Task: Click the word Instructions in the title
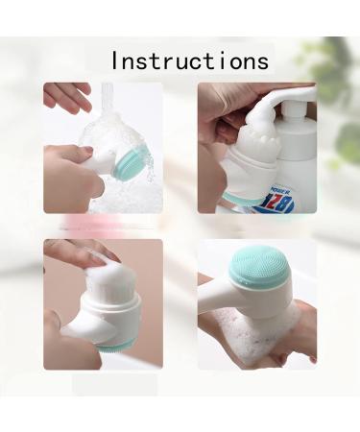click(x=190, y=60)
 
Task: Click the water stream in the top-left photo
click(x=106, y=100)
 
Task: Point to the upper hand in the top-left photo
click(x=67, y=96)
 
